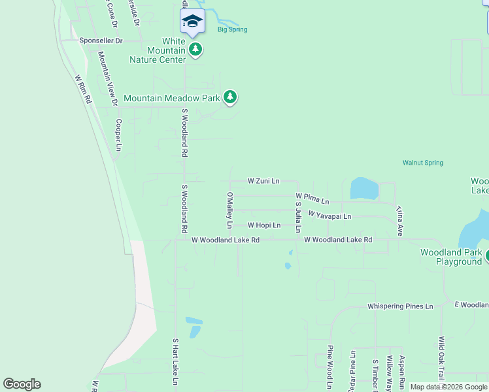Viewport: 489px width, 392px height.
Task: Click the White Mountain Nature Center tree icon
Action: point(195,49)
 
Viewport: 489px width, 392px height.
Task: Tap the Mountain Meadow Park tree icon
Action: point(229,98)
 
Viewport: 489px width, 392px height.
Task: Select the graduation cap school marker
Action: point(192,22)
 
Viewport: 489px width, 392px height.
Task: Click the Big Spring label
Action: point(232,29)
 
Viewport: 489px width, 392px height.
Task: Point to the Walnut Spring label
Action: point(422,163)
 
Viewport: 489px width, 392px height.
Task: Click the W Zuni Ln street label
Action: point(263,180)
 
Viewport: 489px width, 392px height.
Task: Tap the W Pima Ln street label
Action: point(312,198)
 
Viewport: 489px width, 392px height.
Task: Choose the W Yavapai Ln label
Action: point(329,216)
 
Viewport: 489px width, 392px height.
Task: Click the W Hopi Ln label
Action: point(263,225)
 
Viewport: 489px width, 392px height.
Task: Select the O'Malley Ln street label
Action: point(229,210)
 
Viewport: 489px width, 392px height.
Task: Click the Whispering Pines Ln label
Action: point(400,306)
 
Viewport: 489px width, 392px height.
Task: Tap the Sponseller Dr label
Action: point(101,41)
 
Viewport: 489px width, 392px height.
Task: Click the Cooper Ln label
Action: point(118,135)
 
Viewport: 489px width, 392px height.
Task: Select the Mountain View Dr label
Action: point(107,78)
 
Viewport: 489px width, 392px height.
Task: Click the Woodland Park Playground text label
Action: point(450,257)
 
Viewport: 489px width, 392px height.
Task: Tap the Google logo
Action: point(22,384)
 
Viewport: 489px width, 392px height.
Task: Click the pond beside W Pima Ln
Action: point(363,189)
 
